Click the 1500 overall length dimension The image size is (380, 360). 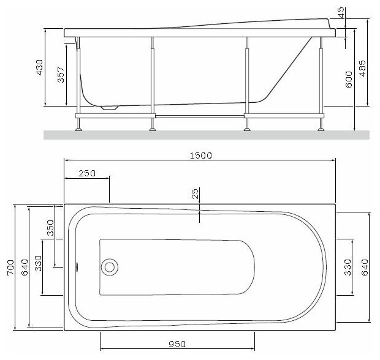tap(200, 156)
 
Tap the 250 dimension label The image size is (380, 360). tap(87, 173)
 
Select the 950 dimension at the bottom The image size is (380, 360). tap(177, 344)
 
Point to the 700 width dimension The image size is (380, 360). tap(10, 268)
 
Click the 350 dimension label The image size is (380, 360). tap(50, 228)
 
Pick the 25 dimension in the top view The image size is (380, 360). tap(195, 193)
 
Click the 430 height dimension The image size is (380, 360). tap(39, 67)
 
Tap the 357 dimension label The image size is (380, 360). tap(61, 75)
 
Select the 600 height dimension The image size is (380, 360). tap(349, 80)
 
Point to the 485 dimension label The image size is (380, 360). tap(363, 69)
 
